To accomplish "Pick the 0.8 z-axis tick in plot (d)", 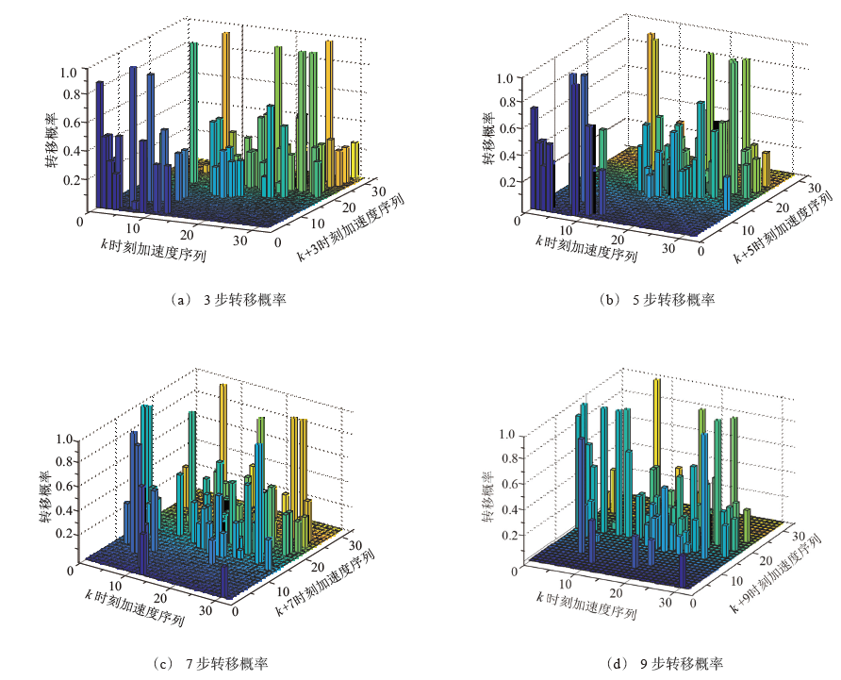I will [x=507, y=459].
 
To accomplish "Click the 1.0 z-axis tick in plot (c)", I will [x=64, y=439].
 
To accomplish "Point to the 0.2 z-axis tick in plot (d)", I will [x=507, y=535].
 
